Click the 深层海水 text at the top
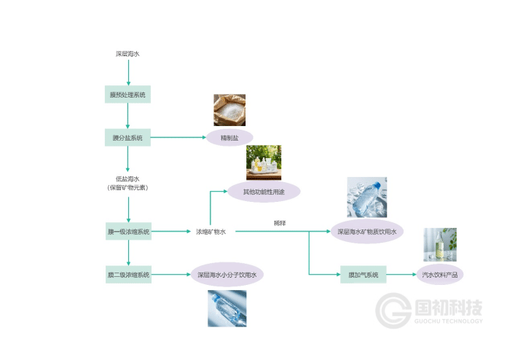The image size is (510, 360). point(127,54)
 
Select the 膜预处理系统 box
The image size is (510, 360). point(127,94)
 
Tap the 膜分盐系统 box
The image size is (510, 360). point(127,138)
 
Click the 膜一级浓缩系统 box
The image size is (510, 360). point(128,231)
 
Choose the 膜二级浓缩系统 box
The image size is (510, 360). point(128,275)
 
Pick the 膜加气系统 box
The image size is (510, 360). point(364,275)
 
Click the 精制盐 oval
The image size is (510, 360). point(229,138)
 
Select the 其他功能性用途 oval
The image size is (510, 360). point(264,192)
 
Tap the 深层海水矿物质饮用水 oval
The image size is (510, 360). point(367,231)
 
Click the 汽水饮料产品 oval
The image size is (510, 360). point(440,275)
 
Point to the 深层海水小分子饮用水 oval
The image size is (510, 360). point(227,275)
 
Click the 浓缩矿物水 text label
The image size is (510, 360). point(211,232)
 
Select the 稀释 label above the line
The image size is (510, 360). point(280,223)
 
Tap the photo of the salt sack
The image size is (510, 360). point(229,110)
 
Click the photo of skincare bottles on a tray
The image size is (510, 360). point(264,163)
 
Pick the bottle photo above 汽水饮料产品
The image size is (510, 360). point(440,245)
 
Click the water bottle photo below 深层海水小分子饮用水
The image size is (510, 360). point(227,308)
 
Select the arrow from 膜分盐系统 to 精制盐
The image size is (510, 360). point(178,137)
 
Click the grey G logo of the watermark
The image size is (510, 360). point(393,310)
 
